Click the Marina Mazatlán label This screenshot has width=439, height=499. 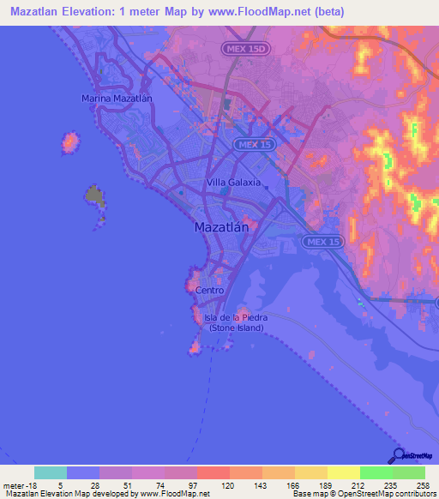point(117,99)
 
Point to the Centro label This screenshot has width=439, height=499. point(210,290)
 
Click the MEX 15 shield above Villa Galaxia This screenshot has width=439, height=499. point(253,145)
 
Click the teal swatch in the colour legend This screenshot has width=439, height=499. point(51,472)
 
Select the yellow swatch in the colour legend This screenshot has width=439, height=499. point(343,472)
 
